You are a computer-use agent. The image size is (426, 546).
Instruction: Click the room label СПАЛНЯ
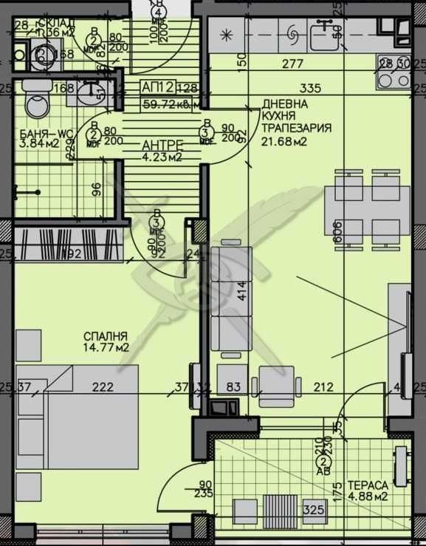[x=106, y=335]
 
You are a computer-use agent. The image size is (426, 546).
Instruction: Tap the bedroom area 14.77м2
[x=106, y=347]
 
